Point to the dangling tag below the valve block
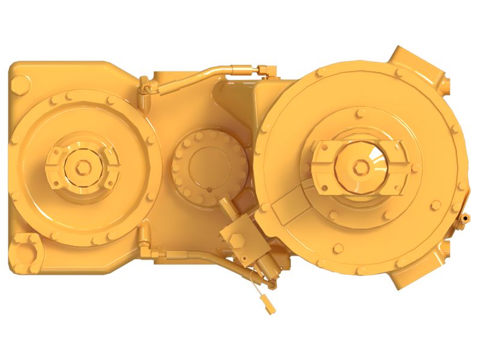coord(268,305)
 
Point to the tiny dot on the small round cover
coord(209,190)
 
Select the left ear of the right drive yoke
coord(322,157)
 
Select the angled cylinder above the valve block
coord(228,210)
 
